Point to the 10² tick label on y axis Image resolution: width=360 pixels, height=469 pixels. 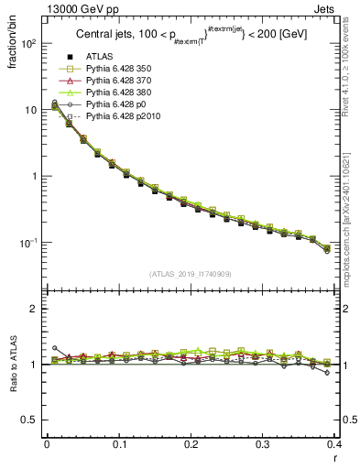[x=27, y=43]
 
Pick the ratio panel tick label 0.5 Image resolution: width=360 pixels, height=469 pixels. [x=27, y=420]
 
